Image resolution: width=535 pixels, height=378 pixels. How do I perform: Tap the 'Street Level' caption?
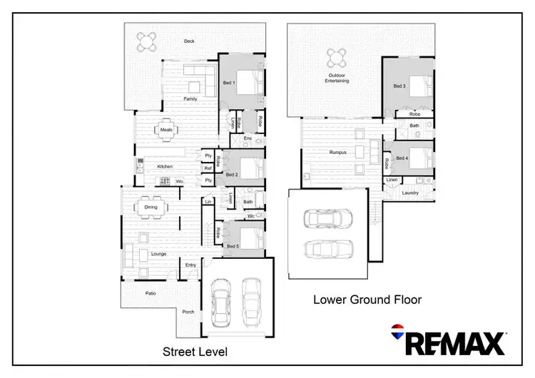coord(195,352)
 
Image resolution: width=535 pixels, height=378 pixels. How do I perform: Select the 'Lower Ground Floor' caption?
coord(367,300)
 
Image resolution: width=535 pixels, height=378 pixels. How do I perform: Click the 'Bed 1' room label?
coord(229,83)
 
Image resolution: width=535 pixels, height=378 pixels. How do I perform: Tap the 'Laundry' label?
coord(409,193)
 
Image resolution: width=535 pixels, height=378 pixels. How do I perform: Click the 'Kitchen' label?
coord(165,167)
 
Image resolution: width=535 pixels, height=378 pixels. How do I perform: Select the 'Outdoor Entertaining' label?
coord(338,78)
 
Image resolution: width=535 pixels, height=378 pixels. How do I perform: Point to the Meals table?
coord(166,130)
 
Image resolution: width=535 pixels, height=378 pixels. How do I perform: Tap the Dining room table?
coord(151,208)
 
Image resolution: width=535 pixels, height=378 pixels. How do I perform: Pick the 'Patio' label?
coord(151,293)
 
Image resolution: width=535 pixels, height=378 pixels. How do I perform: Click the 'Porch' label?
coord(188,312)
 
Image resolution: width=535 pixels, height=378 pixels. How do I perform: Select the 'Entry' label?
coord(190,265)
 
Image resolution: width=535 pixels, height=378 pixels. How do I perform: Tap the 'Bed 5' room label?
coord(232,246)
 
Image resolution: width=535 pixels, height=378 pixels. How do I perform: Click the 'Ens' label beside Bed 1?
coord(248,138)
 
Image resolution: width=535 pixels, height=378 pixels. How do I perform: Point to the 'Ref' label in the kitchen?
coord(208,168)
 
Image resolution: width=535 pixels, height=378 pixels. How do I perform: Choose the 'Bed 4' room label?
coord(402,158)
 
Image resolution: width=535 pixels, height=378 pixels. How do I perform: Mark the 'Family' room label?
coord(190,99)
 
